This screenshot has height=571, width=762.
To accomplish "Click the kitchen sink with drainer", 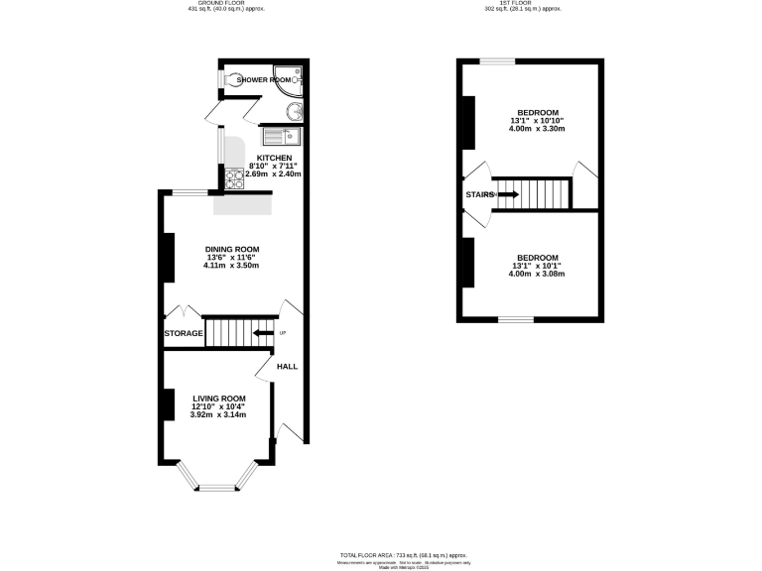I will tap(282, 136).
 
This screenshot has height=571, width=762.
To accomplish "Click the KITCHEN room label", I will tap(275, 158).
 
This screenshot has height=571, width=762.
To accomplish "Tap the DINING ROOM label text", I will tap(232, 249).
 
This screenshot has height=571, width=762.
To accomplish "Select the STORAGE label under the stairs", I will tap(184, 334).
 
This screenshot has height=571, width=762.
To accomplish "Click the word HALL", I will tap(287, 366).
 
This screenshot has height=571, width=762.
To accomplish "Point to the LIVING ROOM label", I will tap(219, 399).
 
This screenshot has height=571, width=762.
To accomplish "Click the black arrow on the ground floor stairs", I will tap(263, 333).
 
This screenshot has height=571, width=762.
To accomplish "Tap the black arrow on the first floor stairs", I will tap(507, 194).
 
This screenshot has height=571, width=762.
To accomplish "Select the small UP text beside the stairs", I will tap(283, 332).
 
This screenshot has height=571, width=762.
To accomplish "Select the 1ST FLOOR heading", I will tap(523, 3).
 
